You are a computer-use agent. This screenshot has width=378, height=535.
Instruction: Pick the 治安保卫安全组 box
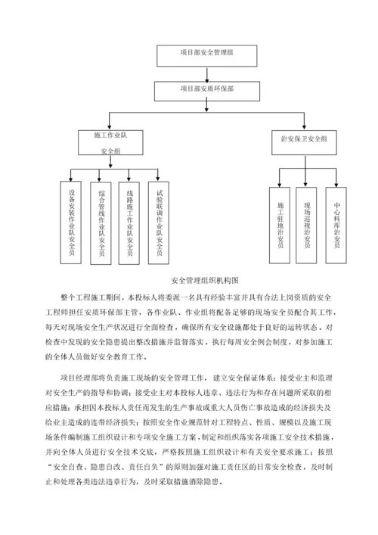coord(304,139)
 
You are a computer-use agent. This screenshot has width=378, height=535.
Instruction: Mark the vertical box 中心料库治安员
coord(336,225)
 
